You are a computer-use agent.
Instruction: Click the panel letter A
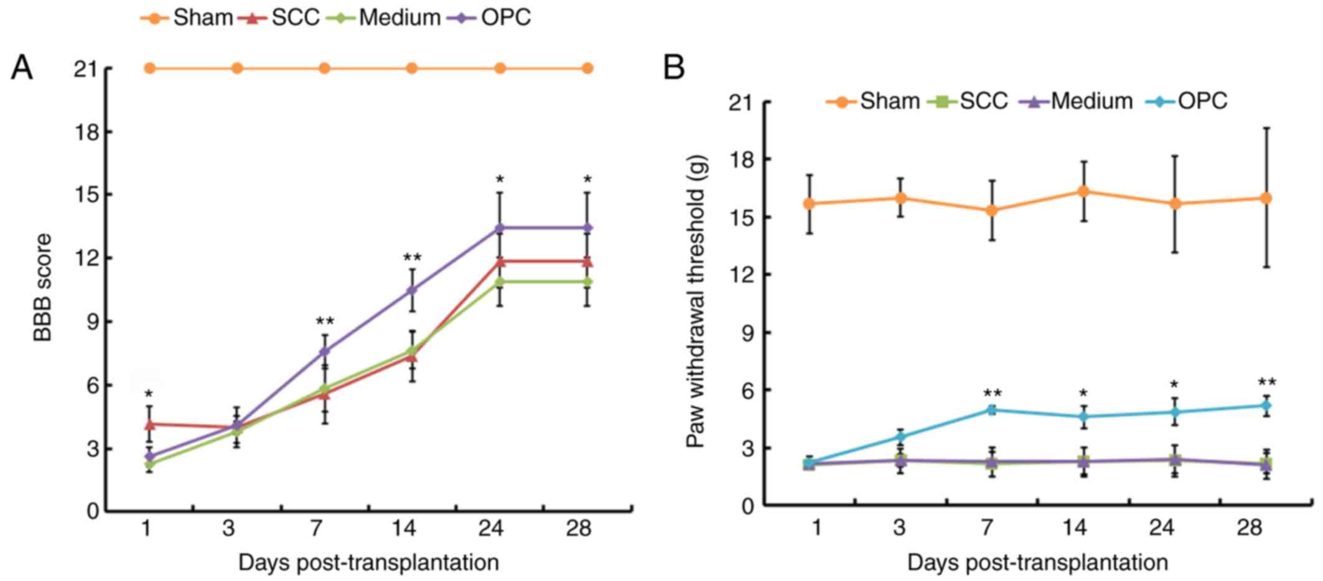22,67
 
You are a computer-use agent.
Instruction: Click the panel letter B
674,67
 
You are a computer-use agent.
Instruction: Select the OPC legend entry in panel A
492,17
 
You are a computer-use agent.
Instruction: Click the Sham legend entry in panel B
874,101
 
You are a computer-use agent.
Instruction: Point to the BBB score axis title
43,287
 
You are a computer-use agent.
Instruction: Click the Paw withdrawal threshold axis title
696,301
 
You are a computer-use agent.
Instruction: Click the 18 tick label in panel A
86,132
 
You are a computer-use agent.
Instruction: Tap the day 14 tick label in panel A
403,529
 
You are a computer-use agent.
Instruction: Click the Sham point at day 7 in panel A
324,68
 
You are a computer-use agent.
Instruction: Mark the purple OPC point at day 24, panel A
500,228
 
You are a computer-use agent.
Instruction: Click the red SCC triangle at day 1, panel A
149,424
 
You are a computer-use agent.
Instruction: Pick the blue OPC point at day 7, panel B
991,409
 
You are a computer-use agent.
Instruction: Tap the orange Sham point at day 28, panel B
1266,198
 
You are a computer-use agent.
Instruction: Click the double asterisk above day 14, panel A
412,258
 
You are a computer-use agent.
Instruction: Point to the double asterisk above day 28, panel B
1267,383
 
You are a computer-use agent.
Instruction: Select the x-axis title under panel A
368,563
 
